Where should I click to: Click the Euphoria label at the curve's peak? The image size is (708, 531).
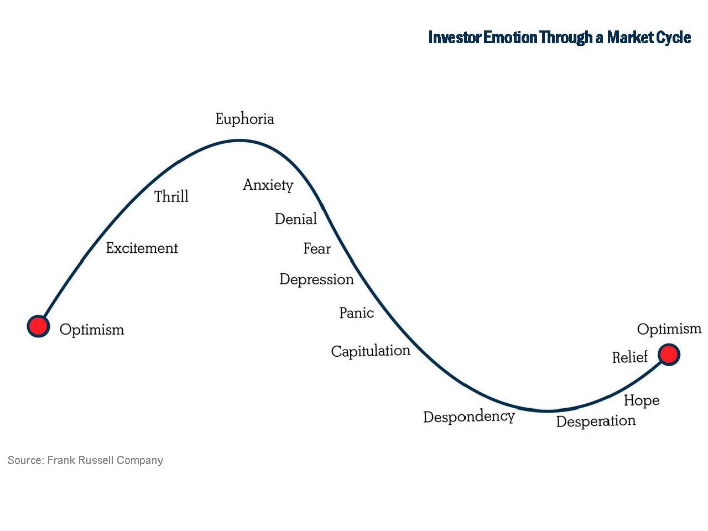pyautogui.click(x=244, y=119)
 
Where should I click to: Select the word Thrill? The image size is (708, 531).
pyautogui.click(x=171, y=196)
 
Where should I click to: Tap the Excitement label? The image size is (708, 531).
pyautogui.click(x=142, y=248)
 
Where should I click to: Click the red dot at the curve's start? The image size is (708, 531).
pyautogui.click(x=38, y=326)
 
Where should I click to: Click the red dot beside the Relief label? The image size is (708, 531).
pyautogui.click(x=669, y=355)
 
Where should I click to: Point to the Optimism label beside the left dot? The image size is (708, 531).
pyautogui.click(x=92, y=330)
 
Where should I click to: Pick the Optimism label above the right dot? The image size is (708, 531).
pyautogui.click(x=669, y=329)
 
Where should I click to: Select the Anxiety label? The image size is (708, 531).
pyautogui.click(x=268, y=185)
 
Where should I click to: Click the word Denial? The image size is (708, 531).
pyautogui.click(x=296, y=219)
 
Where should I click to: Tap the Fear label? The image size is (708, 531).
pyautogui.click(x=317, y=249)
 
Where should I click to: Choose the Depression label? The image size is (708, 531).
pyautogui.click(x=316, y=279)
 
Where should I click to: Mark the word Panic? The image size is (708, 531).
pyautogui.click(x=356, y=313)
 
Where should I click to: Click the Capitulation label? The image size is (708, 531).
pyautogui.click(x=371, y=351)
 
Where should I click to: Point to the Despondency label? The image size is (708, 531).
pyautogui.click(x=469, y=417)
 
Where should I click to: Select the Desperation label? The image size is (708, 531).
pyautogui.click(x=596, y=421)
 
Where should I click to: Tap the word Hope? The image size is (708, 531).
pyautogui.click(x=642, y=400)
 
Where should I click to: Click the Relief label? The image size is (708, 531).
pyautogui.click(x=629, y=357)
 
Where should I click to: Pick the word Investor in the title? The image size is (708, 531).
pyautogui.click(x=455, y=38)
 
